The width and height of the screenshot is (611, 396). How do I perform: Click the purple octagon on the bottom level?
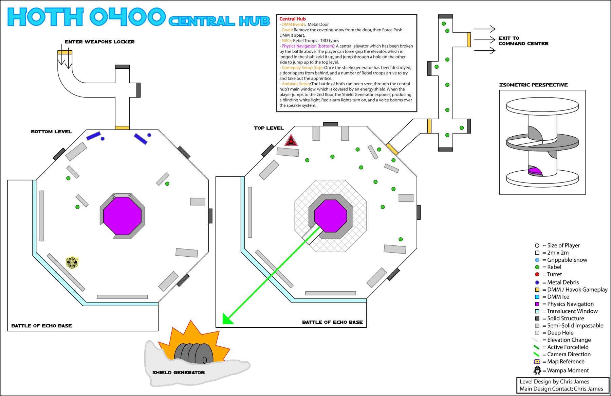tap(122, 215)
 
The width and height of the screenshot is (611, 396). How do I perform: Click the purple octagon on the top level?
tap(331, 216)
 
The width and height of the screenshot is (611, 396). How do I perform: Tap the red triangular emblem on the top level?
tap(291, 140)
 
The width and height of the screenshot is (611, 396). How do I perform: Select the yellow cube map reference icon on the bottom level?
tap(72, 262)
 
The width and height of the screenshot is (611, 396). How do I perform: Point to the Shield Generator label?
tap(178, 373)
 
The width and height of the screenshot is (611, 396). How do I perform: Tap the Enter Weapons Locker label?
tap(99, 42)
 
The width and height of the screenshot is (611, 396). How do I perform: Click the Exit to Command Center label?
tap(523, 41)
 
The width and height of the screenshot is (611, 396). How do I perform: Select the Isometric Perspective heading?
tap(533, 85)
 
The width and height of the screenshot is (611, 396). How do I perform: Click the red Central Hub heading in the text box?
tap(292, 19)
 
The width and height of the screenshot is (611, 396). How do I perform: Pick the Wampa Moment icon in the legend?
tap(537, 370)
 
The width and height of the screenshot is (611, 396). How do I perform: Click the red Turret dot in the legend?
tap(537, 274)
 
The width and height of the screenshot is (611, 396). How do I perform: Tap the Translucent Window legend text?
tap(572, 311)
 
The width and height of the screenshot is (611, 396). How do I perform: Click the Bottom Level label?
tap(51, 132)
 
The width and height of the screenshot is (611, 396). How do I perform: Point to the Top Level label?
tap(269, 128)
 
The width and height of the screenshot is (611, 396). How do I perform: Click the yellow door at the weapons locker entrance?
tap(64, 52)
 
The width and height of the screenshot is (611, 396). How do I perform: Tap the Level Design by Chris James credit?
tap(554, 382)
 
